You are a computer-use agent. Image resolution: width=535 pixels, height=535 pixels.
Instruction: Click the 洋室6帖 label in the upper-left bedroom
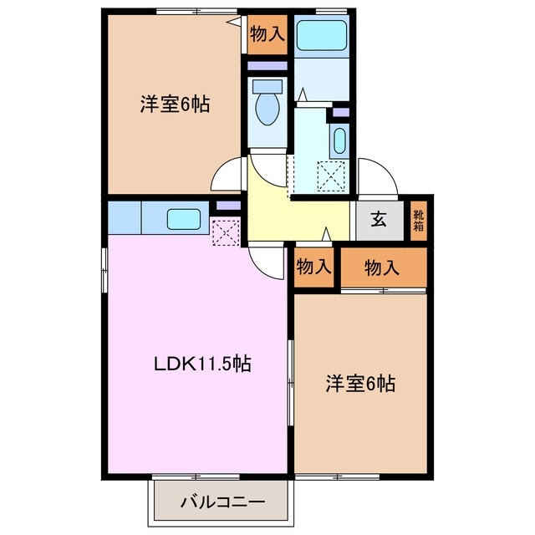174,104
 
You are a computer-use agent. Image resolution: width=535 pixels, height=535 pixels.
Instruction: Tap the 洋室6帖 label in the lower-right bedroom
360,385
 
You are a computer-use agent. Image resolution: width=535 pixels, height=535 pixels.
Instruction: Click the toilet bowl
267,109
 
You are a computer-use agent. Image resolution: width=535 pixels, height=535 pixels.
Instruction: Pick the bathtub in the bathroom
323,35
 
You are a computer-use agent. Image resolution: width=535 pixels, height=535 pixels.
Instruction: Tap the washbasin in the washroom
339,139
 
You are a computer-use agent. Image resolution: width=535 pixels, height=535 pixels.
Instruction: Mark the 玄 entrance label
378,221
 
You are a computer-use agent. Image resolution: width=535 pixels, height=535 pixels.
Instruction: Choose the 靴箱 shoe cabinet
419,220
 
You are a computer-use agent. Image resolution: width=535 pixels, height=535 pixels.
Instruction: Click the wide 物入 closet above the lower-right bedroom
382,267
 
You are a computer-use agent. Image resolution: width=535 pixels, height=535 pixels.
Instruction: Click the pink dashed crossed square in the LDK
226,232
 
